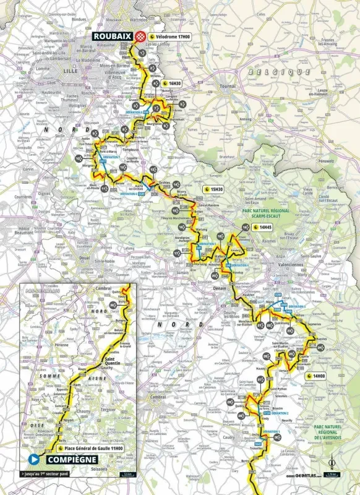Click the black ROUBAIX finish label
tap(115, 37)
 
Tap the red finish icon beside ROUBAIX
tap(142, 37)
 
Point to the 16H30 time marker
tap(176, 83)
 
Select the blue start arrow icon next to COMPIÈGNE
tap(33, 459)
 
